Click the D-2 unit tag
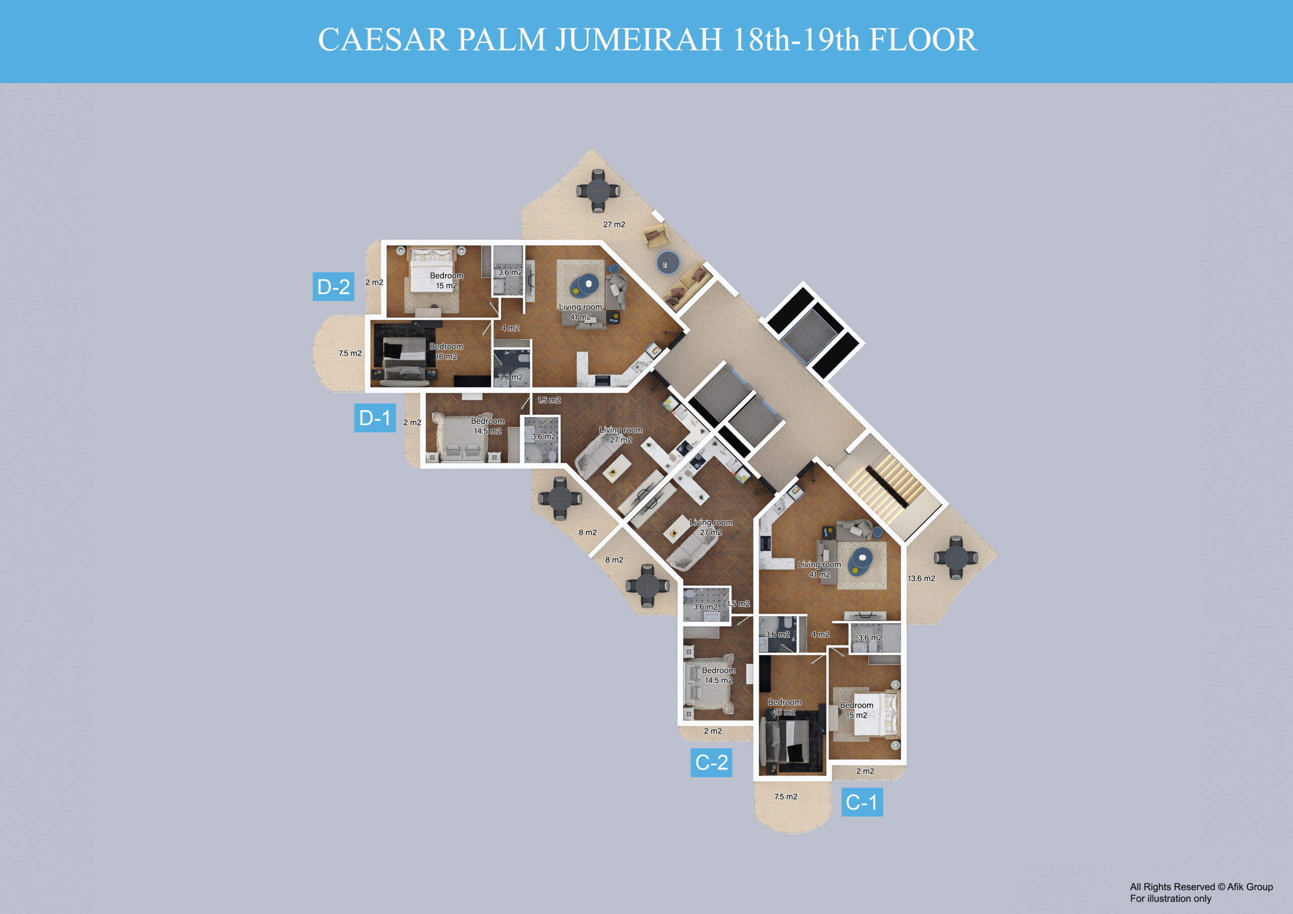coord(333,287)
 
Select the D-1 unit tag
coord(374,418)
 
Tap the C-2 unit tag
coord(711,763)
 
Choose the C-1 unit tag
coord(862,802)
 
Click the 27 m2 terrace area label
coord(614,224)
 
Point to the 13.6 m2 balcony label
coord(921,578)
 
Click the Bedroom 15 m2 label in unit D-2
coord(446,280)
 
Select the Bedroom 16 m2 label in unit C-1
coord(784,707)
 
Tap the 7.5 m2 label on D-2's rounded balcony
coord(350,353)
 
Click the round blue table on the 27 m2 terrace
coord(667,263)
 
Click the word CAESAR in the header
coord(383,39)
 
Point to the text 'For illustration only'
coord(1170,898)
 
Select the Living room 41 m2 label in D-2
coord(580,312)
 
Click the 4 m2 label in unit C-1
coord(820,634)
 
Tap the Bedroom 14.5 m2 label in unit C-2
coord(719,675)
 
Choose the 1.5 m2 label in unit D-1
coord(549,400)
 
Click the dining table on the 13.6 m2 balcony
coord(956,558)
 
